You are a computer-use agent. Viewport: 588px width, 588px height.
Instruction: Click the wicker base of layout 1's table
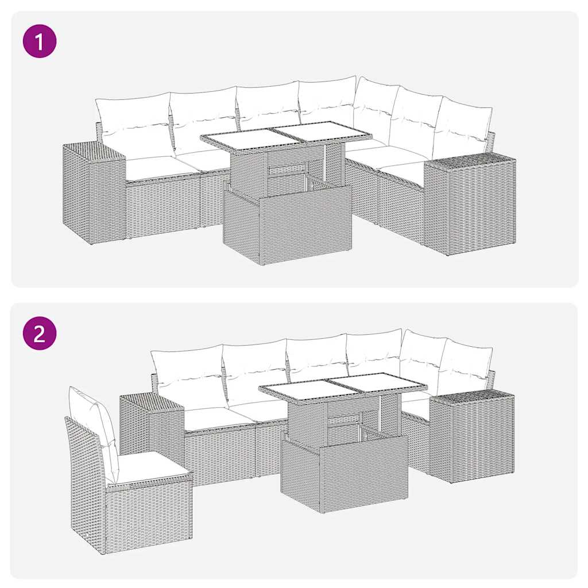(x=287, y=224)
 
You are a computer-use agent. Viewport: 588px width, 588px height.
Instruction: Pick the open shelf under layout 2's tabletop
(x=343, y=425)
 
